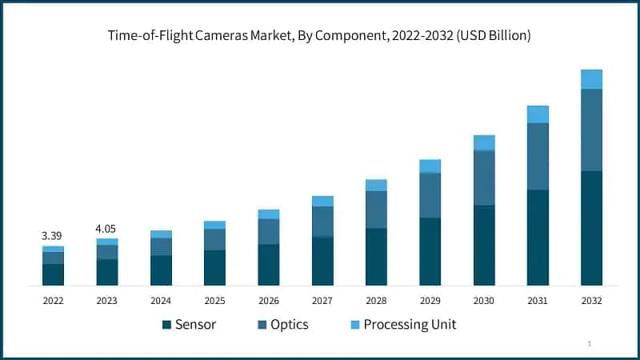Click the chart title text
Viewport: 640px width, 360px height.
[320, 36]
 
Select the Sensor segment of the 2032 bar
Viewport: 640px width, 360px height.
[591, 228]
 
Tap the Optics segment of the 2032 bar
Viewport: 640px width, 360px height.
[591, 130]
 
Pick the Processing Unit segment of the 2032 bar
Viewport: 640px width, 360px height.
[591, 79]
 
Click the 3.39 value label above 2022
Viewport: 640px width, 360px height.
[52, 236]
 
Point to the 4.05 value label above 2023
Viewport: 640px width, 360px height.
[106, 229]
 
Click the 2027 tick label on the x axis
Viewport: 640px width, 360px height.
[322, 301]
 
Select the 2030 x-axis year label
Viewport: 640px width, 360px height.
[484, 301]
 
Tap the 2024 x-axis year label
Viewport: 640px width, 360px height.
[161, 301]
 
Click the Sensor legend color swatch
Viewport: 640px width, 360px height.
[166, 325]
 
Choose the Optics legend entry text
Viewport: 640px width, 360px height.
[289, 325]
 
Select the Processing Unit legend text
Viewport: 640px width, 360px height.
[410, 325]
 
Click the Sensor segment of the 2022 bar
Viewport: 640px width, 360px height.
[53, 274]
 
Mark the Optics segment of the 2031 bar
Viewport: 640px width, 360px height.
[538, 156]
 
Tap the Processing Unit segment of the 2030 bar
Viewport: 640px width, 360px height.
[484, 142]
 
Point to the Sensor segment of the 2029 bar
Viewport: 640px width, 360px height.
[430, 251]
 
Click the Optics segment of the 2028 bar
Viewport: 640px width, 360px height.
[376, 210]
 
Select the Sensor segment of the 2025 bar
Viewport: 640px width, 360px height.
[214, 268]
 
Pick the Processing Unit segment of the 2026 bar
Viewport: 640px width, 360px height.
[269, 214]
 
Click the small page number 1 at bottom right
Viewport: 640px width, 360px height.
[590, 343]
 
